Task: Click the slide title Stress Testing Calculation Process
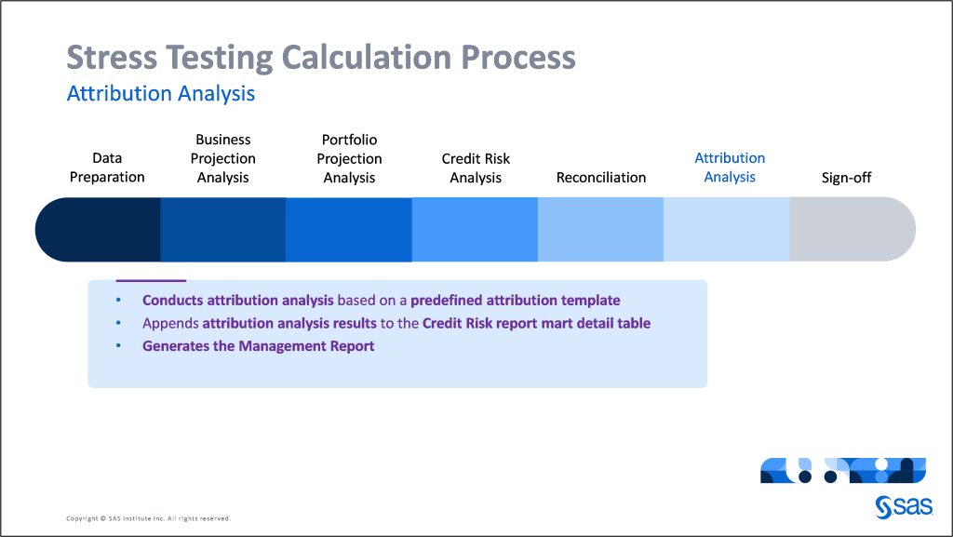tap(321, 58)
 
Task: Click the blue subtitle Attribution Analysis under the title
tap(161, 94)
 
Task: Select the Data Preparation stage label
tap(107, 168)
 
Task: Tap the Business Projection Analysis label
tap(223, 158)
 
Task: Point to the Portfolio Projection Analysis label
tap(349, 158)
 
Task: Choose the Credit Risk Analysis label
tap(476, 168)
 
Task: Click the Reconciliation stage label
tap(601, 177)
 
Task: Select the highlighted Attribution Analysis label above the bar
tap(730, 168)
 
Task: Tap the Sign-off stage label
tap(846, 177)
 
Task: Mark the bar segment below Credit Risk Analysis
tap(475, 229)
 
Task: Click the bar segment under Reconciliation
tap(600, 229)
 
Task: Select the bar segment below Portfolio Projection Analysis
tap(349, 229)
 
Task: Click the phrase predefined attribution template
tap(515, 301)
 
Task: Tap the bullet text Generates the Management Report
tap(258, 346)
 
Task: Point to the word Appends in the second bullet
tap(170, 324)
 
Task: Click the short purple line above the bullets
tap(151, 280)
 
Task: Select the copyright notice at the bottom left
tap(148, 518)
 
